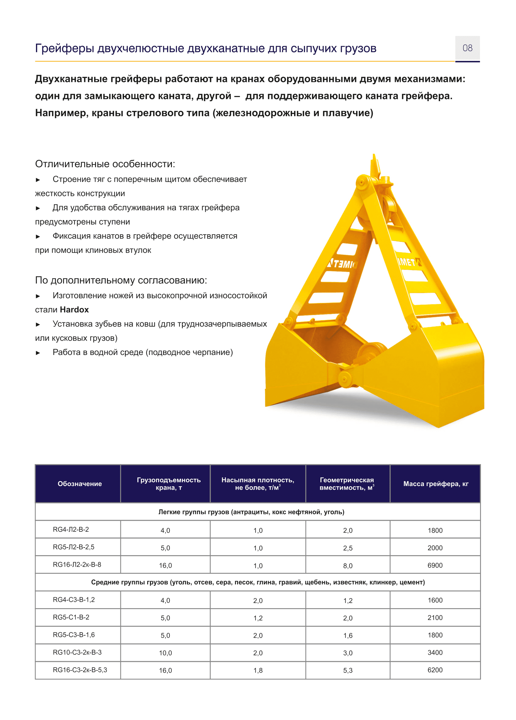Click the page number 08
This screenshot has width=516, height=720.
click(x=467, y=48)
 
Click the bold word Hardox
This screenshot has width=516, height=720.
click(x=74, y=310)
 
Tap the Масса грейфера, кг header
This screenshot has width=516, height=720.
click(x=436, y=484)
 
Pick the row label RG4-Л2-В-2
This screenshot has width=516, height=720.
click(x=71, y=530)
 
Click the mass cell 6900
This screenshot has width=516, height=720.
click(x=435, y=566)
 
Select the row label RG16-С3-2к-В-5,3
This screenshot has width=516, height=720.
click(x=80, y=670)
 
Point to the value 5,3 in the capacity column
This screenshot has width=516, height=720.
click(x=348, y=670)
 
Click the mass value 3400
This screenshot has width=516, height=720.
click(x=435, y=653)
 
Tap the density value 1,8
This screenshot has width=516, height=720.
click(x=258, y=670)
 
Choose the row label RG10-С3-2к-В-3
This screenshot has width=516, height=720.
click(x=77, y=652)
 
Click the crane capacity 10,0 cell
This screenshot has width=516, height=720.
click(x=165, y=653)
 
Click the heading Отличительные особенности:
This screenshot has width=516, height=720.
click(x=105, y=164)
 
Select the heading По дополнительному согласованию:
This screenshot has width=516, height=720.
click(x=121, y=280)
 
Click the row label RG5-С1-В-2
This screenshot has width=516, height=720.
click(x=71, y=617)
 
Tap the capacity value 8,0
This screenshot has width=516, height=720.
click(x=348, y=566)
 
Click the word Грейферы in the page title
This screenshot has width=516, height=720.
click(x=64, y=48)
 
